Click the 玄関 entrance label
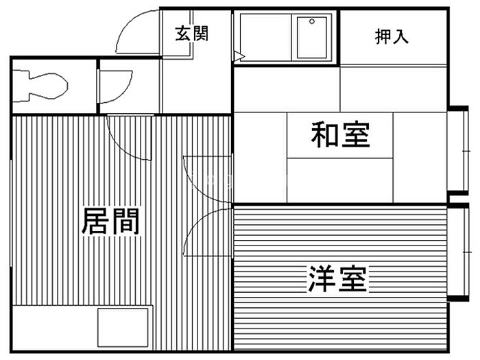pyautogui.click(x=191, y=33)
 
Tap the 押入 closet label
pyautogui.click(x=392, y=36)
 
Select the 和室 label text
pyautogui.click(x=340, y=135)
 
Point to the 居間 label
pyautogui.click(x=110, y=221)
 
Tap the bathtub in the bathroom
pyautogui.click(x=314, y=36)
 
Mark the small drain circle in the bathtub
pyautogui.click(x=312, y=21)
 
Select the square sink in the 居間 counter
pyautogui.click(x=123, y=328)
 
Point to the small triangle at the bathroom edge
pyautogui.click(x=238, y=54)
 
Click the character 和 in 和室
pyautogui.click(x=325, y=135)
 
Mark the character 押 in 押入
pyautogui.click(x=383, y=36)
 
